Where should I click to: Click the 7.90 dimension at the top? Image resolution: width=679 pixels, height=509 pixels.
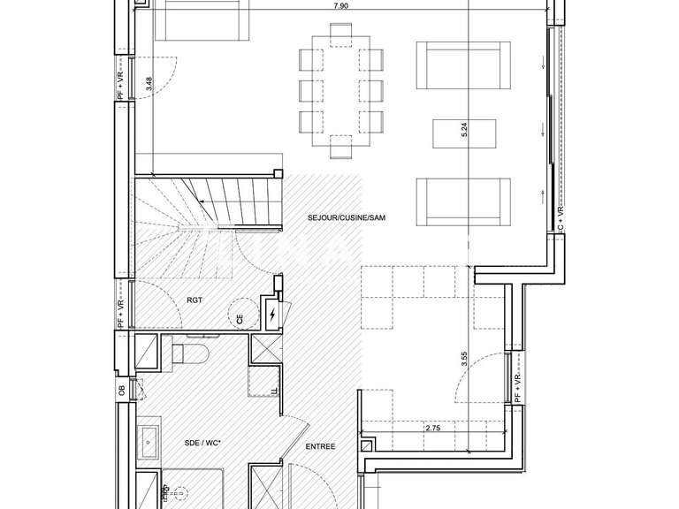[x=339, y=6]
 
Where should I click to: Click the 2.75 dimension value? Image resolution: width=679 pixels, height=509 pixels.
[x=433, y=429]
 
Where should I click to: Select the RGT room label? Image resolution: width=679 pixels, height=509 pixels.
[x=195, y=300]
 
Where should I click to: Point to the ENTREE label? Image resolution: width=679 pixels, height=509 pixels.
[x=320, y=447]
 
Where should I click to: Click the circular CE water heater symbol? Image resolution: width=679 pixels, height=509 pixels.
[x=240, y=315]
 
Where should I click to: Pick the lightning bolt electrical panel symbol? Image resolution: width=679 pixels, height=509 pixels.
[x=271, y=315]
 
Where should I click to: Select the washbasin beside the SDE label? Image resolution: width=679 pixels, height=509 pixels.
[x=149, y=438]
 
